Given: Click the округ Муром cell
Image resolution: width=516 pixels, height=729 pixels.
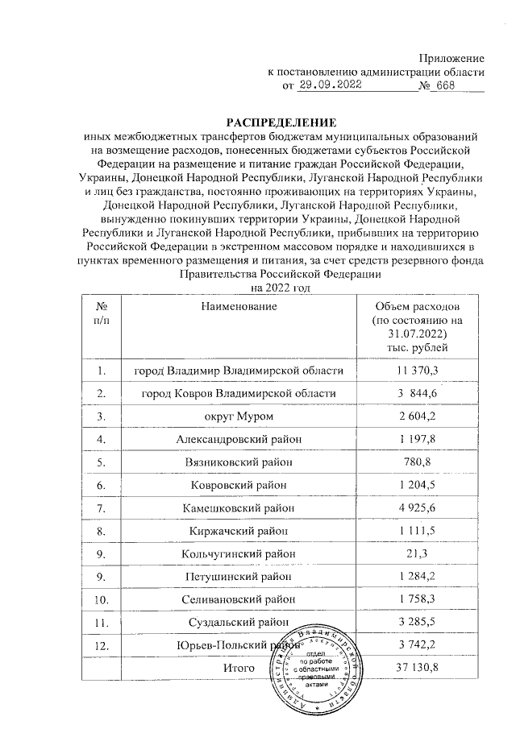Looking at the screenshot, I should click(x=239, y=416).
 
